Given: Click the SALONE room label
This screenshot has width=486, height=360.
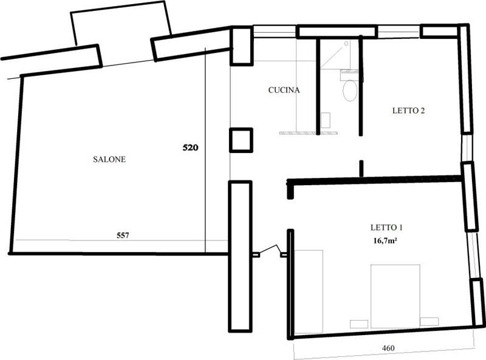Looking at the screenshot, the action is [109, 159].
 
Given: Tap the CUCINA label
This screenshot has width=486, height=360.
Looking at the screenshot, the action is [284, 90].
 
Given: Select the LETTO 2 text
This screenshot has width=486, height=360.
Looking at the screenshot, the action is [408, 110].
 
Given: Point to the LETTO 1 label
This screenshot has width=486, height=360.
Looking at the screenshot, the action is [386, 228].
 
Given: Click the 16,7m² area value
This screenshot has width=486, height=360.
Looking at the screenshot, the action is [386, 241].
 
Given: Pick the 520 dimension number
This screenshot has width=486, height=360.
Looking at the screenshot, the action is [190, 148].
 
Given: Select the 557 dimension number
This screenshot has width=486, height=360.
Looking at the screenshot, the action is [123, 236].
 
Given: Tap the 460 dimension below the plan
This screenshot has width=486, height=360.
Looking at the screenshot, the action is [388, 348].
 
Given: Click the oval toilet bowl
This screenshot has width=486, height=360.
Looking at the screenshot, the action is [350, 90].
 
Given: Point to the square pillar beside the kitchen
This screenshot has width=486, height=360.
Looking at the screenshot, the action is [241, 140].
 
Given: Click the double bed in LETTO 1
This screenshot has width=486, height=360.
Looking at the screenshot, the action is [395, 296].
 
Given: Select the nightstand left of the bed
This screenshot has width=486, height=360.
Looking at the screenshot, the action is [359, 324].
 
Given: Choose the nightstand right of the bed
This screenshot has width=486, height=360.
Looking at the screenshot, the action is [430, 322].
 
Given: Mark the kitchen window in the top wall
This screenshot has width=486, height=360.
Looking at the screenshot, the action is [275, 32].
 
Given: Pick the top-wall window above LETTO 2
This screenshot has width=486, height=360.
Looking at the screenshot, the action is [399, 32].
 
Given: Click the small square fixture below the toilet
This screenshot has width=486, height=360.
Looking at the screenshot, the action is [326, 120].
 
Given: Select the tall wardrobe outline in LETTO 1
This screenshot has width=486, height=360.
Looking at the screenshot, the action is [309, 292].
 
